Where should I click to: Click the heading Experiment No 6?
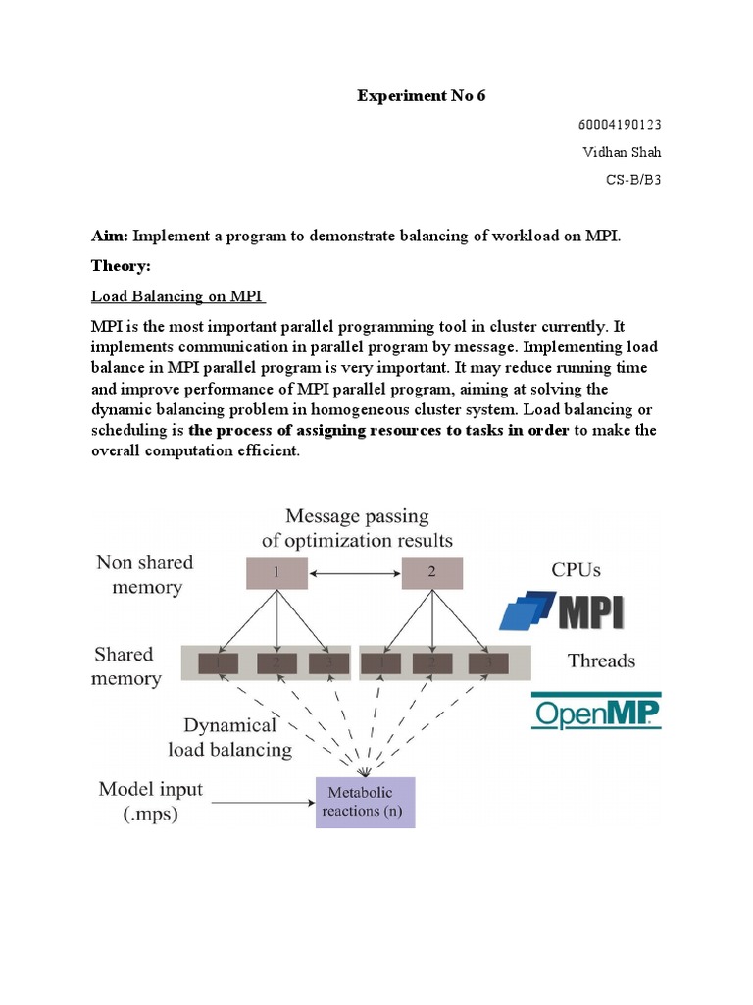pyautogui.click(x=421, y=95)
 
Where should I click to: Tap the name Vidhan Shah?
pyautogui.click(x=622, y=152)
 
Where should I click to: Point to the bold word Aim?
pyautogui.click(x=110, y=237)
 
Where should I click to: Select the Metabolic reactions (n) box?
pyautogui.click(x=365, y=802)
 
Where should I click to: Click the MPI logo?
pyautogui.click(x=562, y=609)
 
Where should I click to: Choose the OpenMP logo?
pyautogui.click(x=596, y=713)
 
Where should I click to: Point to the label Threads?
pyautogui.click(x=601, y=661)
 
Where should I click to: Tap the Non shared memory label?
pyautogui.click(x=144, y=575)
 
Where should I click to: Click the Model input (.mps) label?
pyautogui.click(x=150, y=800)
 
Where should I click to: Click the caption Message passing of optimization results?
pyautogui.click(x=357, y=528)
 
